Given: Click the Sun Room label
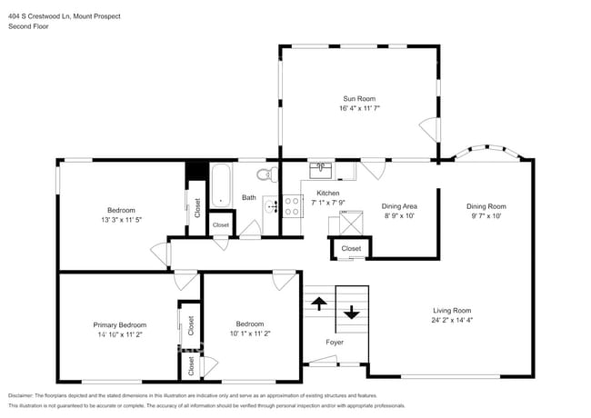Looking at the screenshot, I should coord(359,98).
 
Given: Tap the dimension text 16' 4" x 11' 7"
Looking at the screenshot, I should coord(359,108).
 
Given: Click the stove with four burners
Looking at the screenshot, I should coord(292,206).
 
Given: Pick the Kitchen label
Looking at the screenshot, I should coord(327,194).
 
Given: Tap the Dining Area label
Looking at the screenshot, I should coord(399,206).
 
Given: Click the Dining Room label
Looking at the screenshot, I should coord(486,206).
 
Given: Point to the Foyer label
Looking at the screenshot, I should coord(336,342).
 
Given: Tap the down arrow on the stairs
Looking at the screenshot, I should coord(352,314).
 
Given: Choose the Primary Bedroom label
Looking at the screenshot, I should coord(119,324).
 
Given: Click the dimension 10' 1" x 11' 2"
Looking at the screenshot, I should coord(250,333).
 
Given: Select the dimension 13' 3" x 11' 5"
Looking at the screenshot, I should coord(122,219).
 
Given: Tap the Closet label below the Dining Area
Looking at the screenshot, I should coord(351,248).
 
